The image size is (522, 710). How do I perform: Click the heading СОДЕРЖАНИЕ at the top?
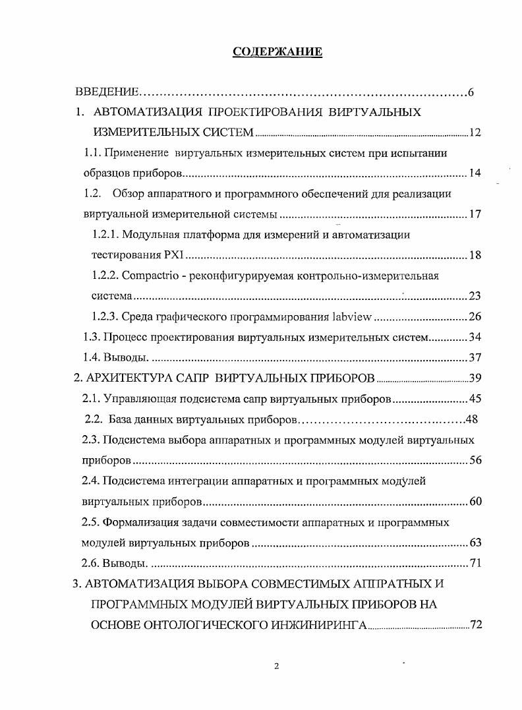coord(277,52)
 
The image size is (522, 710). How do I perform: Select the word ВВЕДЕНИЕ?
coord(106,92)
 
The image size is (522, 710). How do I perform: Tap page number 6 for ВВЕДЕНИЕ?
coord(471,92)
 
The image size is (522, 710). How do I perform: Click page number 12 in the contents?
coord(475,133)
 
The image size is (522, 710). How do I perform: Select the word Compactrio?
coord(150,276)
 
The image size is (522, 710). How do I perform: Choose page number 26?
coord(475,317)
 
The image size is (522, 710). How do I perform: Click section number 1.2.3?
coord(105,317)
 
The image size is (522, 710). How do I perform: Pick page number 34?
coord(475,338)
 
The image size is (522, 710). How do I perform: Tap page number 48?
coord(471,419)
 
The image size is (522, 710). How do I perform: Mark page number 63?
coord(475,543)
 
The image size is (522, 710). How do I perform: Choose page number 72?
coord(475,625)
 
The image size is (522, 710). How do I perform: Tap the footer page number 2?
coord(277,666)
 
